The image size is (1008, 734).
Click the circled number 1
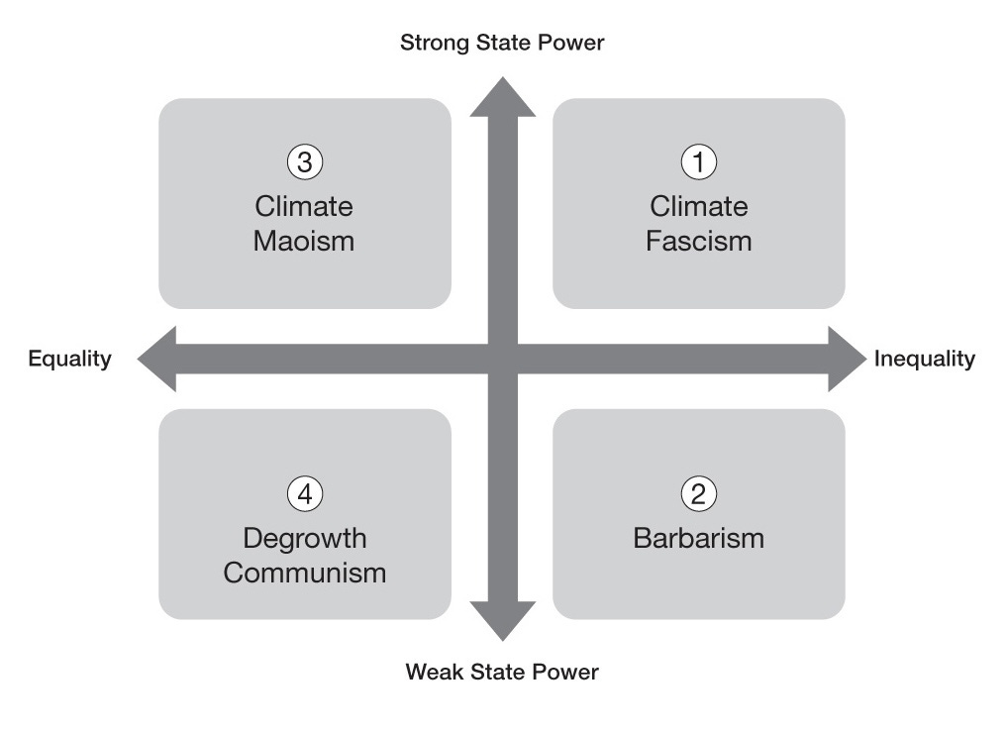(699, 161)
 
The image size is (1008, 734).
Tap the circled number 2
(699, 493)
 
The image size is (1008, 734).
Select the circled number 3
(305, 161)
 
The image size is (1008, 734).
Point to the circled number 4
(305, 493)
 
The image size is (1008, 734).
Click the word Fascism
(699, 241)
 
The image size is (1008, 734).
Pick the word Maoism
(304, 241)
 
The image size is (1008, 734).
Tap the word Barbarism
(699, 539)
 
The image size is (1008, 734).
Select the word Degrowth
(305, 539)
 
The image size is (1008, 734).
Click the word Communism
(305, 573)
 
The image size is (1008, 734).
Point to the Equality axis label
(69, 359)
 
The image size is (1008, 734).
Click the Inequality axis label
(925, 359)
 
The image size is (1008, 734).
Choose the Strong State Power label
(502, 43)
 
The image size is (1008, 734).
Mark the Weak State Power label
(502, 673)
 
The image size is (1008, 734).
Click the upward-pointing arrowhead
(502, 99)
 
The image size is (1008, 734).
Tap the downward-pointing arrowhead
(502, 620)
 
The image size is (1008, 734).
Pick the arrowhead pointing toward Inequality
(846, 359)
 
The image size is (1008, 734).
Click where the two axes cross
(502, 359)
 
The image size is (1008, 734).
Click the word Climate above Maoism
(304, 207)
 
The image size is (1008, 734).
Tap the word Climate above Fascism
(699, 207)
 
